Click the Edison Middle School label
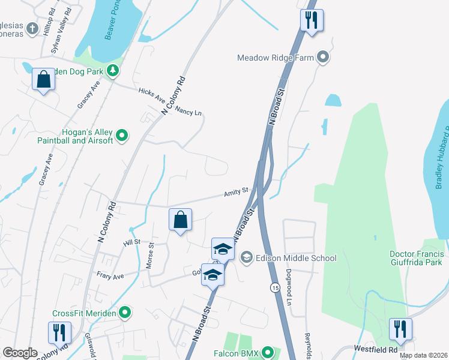[297, 258]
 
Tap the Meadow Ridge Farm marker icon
[324, 58]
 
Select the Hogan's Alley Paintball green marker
[122, 136]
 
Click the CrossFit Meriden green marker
[125, 313]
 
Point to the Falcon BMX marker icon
[268, 353]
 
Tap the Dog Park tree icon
[112, 71]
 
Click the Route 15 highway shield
[275, 287]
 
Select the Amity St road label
[236, 193]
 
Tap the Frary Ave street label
[110, 275]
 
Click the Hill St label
[131, 242]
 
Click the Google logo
[20, 353]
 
